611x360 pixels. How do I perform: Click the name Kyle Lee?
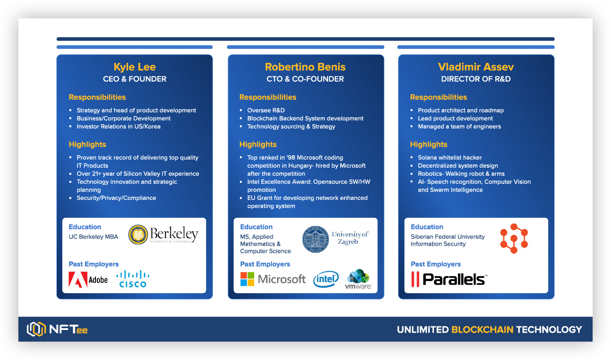point(134,67)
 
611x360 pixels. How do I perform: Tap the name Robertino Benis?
point(305,67)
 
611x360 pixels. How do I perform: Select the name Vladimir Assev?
point(476,67)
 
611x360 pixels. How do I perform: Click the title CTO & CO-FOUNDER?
point(305,79)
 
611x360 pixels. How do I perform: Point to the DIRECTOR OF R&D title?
point(476,79)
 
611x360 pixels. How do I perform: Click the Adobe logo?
point(88,279)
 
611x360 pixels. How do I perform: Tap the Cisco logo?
point(133,279)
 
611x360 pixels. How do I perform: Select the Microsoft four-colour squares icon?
point(247,279)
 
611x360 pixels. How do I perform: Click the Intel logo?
point(326,279)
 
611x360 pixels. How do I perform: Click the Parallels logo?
point(449,279)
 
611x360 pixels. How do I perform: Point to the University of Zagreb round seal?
point(315,239)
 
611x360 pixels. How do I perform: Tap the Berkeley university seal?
point(138,235)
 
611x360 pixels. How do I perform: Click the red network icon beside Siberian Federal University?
point(514,239)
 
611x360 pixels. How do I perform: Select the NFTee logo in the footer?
point(57,330)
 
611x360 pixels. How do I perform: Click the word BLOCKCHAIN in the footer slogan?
point(482,330)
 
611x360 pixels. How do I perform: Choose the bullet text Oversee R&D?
point(266,110)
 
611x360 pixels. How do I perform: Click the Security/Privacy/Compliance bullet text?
point(116,198)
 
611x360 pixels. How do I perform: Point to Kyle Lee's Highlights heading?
point(87,144)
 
